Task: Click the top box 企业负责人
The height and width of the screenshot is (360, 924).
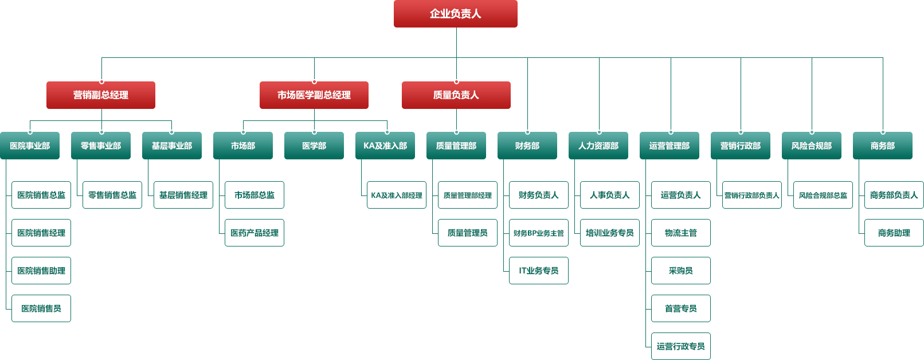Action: click(455, 14)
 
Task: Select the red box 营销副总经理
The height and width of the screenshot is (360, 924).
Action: click(100, 95)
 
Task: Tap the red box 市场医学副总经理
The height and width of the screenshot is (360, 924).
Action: click(314, 95)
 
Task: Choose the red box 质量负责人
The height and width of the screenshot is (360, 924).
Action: click(456, 95)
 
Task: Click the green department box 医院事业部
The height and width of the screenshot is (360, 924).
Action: click(30, 146)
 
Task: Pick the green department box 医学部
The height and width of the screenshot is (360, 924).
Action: click(314, 146)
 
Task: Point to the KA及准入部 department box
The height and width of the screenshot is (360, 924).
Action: click(385, 146)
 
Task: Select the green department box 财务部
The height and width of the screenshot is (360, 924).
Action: click(527, 146)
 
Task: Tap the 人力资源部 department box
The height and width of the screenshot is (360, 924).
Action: click(598, 146)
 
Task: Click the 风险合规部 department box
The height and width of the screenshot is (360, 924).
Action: click(812, 146)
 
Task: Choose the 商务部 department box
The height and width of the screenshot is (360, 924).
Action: click(883, 146)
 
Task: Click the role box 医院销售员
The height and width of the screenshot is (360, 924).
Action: click(41, 308)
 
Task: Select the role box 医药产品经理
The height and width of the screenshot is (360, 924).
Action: click(255, 233)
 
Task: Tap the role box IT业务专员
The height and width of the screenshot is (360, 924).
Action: click(539, 271)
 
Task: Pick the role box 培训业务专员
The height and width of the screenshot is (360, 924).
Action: click(610, 233)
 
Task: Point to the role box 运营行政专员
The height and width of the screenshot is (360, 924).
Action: click(681, 346)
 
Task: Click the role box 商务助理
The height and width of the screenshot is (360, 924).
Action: click(894, 233)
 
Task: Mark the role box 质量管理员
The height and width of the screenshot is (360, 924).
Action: click(468, 233)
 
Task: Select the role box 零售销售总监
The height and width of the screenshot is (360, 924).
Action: click(112, 195)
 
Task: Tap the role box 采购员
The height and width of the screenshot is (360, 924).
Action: click(681, 271)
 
